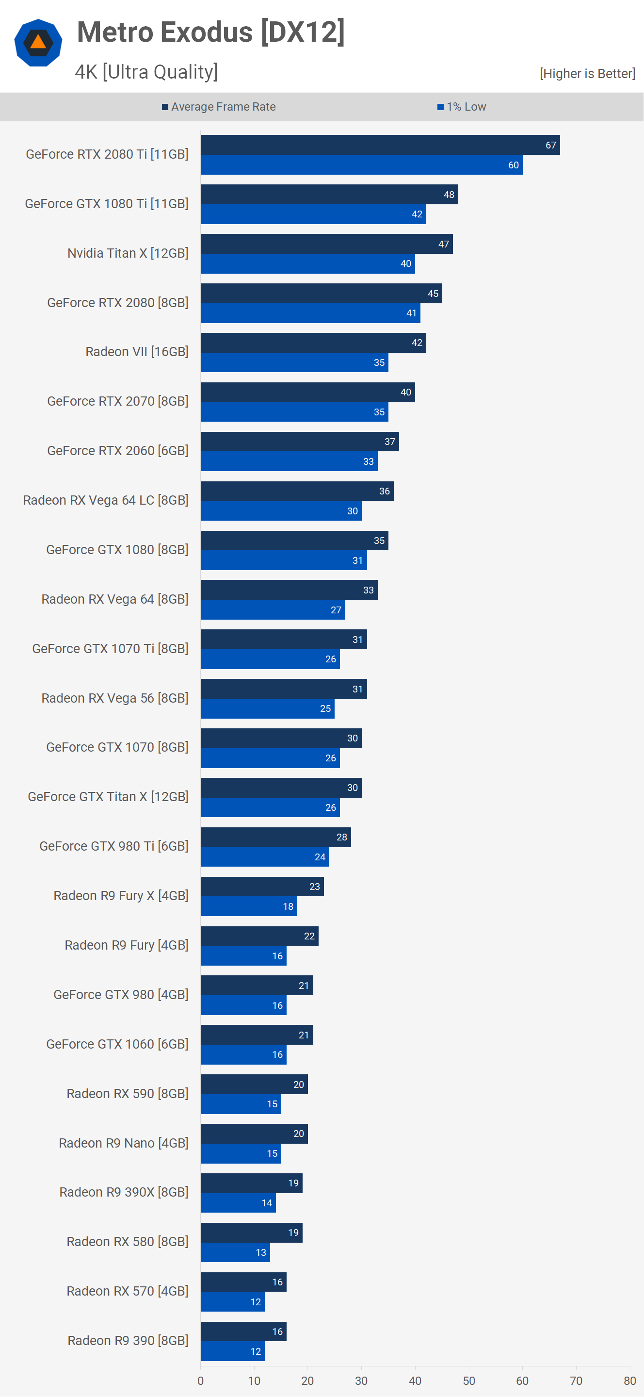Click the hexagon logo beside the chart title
click(38, 43)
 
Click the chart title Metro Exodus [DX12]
click(210, 32)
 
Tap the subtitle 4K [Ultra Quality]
click(146, 72)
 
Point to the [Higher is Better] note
click(587, 74)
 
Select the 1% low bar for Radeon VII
click(294, 363)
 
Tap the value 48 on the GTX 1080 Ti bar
click(449, 195)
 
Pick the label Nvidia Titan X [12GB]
click(128, 253)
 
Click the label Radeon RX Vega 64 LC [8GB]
click(106, 500)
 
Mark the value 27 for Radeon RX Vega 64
click(336, 610)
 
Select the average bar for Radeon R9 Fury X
click(262, 887)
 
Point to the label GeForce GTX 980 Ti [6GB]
click(114, 846)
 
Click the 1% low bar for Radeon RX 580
click(235, 1252)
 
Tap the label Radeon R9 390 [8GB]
click(128, 1341)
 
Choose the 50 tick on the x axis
click(469, 1381)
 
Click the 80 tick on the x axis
click(629, 1381)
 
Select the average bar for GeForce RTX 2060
click(299, 442)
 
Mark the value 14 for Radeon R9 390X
click(267, 1203)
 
